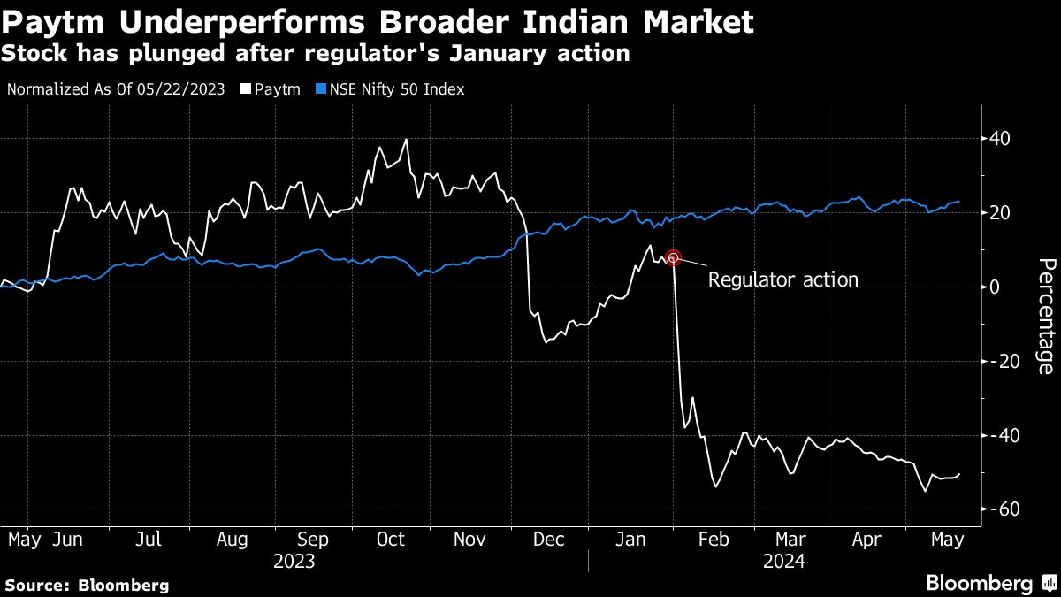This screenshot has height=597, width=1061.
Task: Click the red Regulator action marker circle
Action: pyautogui.click(x=673, y=257)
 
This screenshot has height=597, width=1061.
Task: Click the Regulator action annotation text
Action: pyautogui.click(x=783, y=280)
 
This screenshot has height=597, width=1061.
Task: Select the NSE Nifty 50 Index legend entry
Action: pyautogui.click(x=397, y=89)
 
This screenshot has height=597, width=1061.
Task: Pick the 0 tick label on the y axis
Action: pyautogui.click(x=996, y=287)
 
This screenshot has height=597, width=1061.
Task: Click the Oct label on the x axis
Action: pyautogui.click(x=391, y=540)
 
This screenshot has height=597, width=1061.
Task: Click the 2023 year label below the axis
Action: pyautogui.click(x=293, y=561)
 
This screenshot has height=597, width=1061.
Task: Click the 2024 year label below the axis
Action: pyautogui.click(x=784, y=561)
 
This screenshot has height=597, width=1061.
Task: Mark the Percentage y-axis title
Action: pyautogui.click(x=1045, y=316)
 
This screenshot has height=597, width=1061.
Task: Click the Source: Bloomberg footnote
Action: pyautogui.click(x=87, y=585)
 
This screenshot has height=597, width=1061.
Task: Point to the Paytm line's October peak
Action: pyautogui.click(x=406, y=140)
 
